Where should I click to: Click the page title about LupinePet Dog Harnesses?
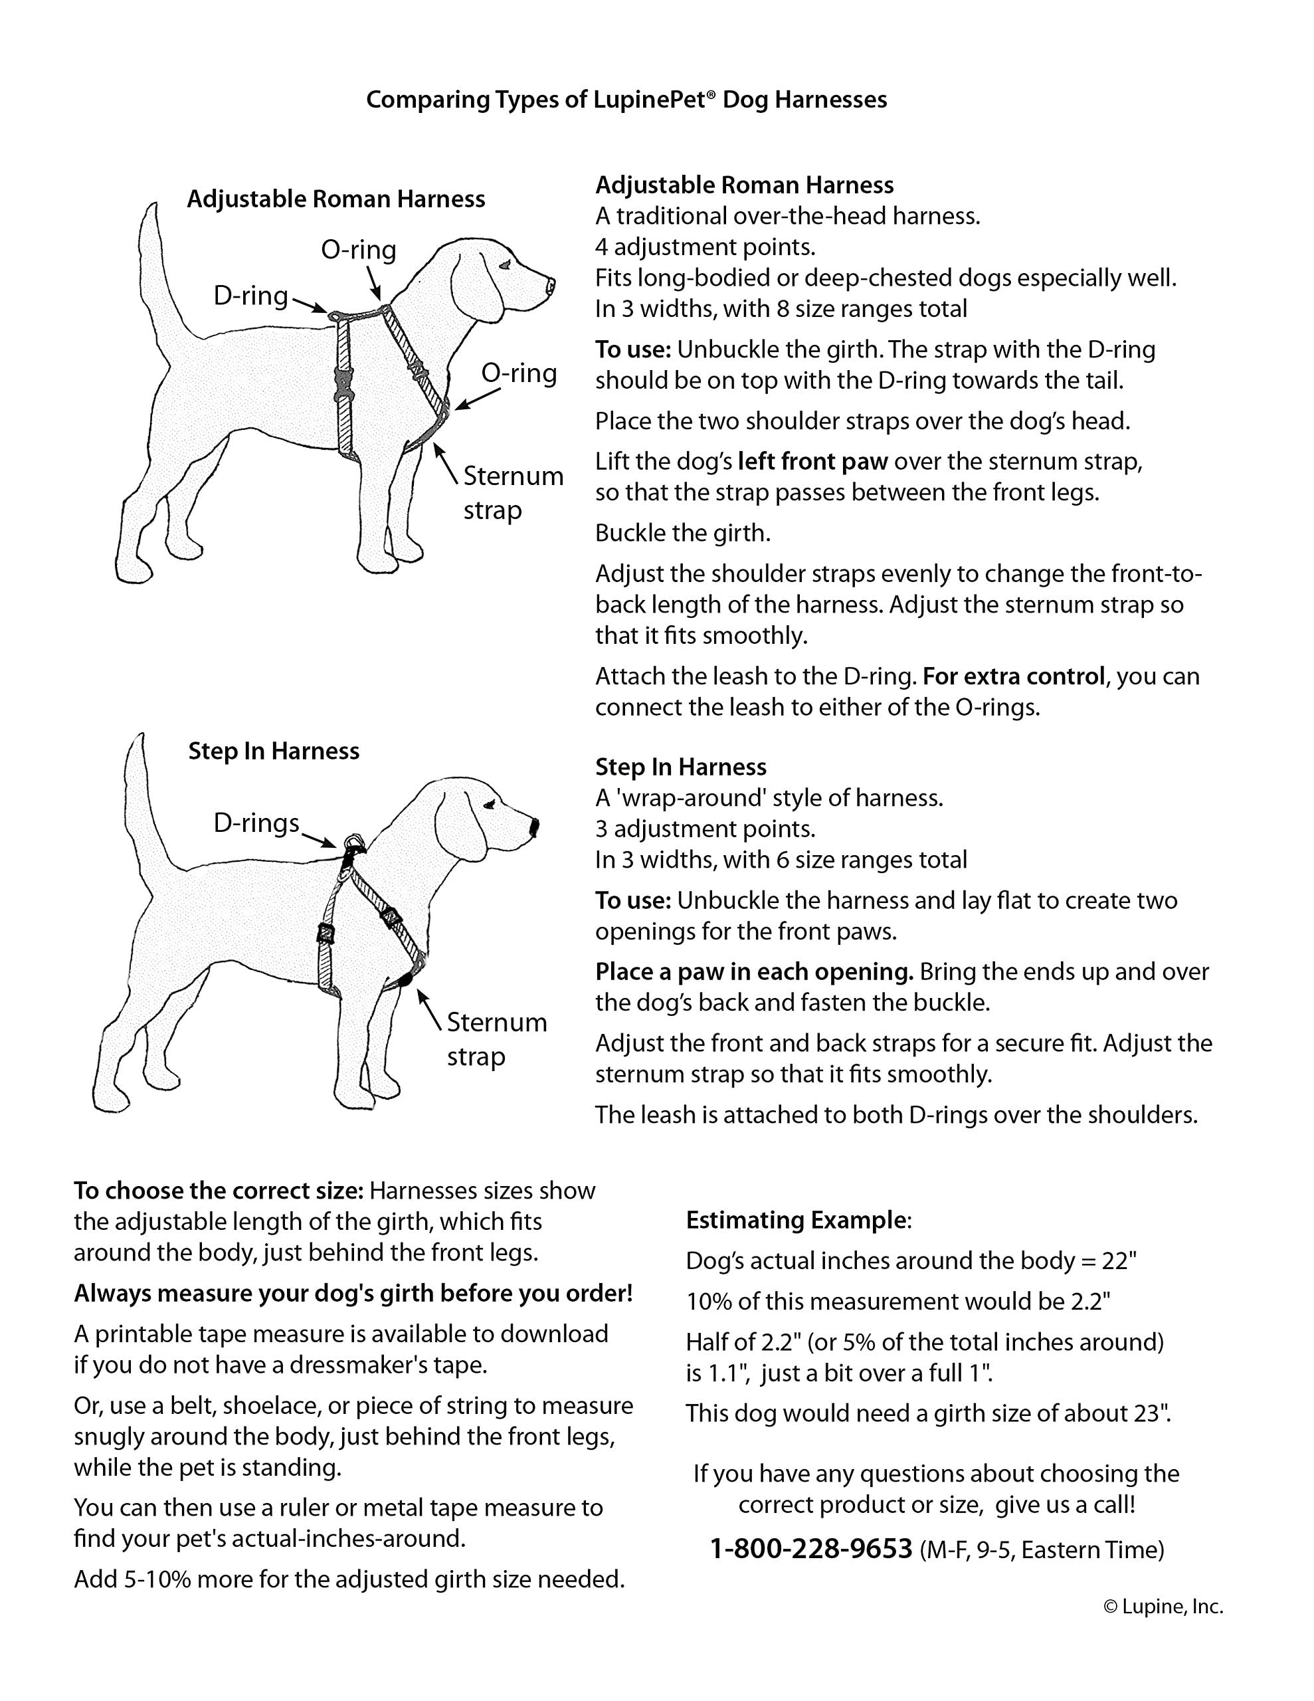pos(626,100)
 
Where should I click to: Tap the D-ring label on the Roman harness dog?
pos(250,296)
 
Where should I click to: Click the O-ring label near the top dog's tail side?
pos(358,250)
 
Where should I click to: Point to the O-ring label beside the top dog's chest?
pos(519,373)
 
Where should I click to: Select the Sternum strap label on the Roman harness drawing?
pos(513,492)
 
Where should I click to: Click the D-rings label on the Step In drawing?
pos(256,823)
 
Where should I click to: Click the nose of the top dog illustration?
pos(551,284)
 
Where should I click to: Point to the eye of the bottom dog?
pos(488,805)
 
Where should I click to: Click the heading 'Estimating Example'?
pos(796,1221)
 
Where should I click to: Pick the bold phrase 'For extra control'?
pos(1013,676)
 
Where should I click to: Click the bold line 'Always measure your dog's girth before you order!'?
pos(353,1294)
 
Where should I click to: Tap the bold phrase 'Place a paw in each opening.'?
pos(754,972)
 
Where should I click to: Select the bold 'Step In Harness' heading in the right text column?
pos(681,767)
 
